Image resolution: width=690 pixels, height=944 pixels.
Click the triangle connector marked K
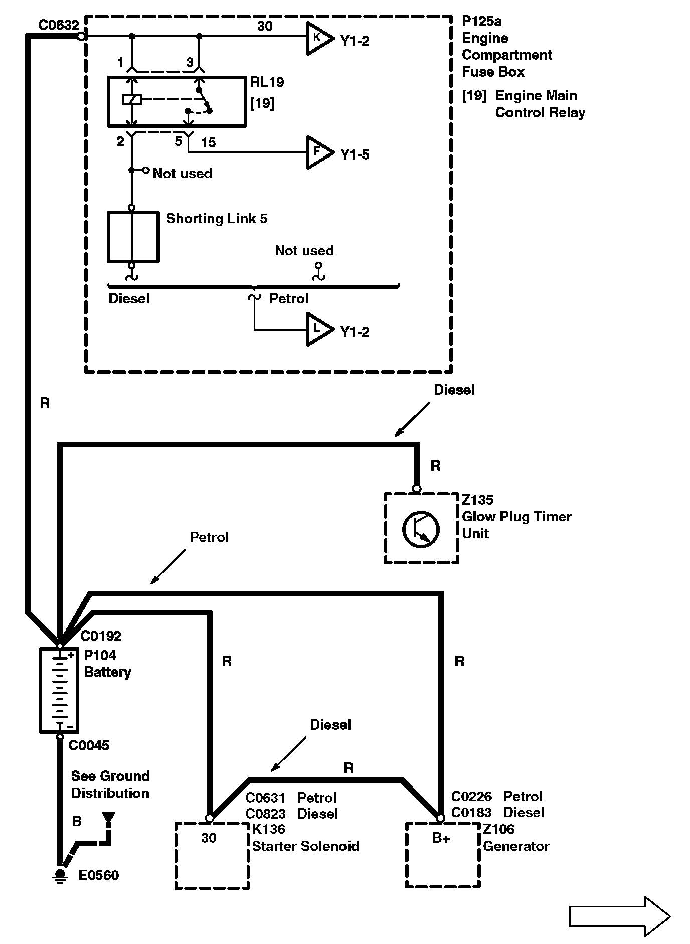coord(319,38)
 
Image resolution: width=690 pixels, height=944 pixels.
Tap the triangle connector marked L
coord(319,329)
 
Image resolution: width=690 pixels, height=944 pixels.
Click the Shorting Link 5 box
coord(133,237)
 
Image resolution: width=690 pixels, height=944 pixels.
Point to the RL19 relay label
coord(267,82)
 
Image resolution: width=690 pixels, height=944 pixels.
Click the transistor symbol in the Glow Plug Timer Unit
coord(421,529)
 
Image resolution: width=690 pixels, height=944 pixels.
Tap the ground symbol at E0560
coord(61,875)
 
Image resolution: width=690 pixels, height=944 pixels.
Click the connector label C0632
coord(59,25)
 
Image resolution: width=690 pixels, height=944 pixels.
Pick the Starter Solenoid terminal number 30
coord(209,838)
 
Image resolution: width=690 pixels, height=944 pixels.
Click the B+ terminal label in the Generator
coord(441,838)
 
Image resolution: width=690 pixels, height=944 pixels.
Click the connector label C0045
coord(89,745)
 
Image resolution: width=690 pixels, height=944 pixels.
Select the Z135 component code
coord(477,500)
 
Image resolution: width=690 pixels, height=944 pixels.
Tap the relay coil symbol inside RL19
coord(132,100)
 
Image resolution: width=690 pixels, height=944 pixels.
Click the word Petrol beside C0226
coord(523,796)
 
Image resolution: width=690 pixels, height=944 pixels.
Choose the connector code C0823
coord(265,813)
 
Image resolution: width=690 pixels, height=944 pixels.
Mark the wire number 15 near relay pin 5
coord(208,143)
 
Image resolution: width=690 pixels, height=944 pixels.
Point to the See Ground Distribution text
coord(110,784)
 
